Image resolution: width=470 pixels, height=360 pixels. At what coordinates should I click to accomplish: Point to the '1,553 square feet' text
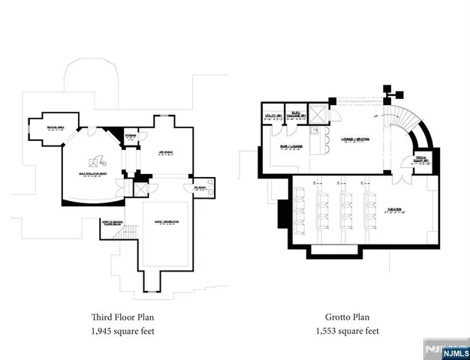click(x=351, y=331)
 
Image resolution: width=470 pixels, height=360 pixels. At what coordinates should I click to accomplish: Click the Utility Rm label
click(x=273, y=115)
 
